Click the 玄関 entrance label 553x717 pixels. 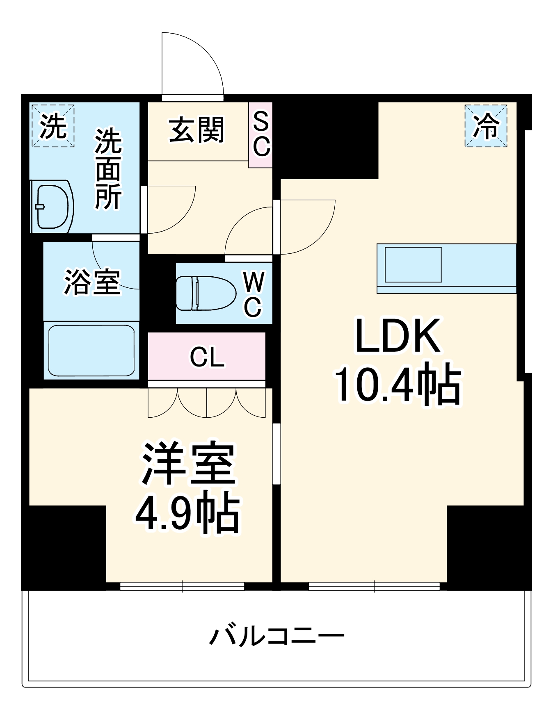tap(197, 130)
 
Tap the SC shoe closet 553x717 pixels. tap(261, 134)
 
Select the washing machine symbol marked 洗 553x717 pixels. tap(53, 126)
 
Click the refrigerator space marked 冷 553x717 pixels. tap(486, 126)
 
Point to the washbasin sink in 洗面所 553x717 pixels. tap(52, 207)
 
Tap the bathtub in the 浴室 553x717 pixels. tap(91, 350)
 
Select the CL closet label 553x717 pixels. tap(207, 357)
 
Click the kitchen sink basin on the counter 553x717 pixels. tap(413, 264)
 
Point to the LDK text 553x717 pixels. tap(398, 337)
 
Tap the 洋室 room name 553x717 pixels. tap(188, 464)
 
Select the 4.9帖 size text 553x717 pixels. tap(187, 512)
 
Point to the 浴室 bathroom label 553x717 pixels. tap(92, 282)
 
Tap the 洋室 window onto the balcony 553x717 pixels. tap(182, 587)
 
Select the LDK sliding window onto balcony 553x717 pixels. tap(374, 587)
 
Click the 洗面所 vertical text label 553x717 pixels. tap(108, 169)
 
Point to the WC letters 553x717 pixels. tap(254, 294)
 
